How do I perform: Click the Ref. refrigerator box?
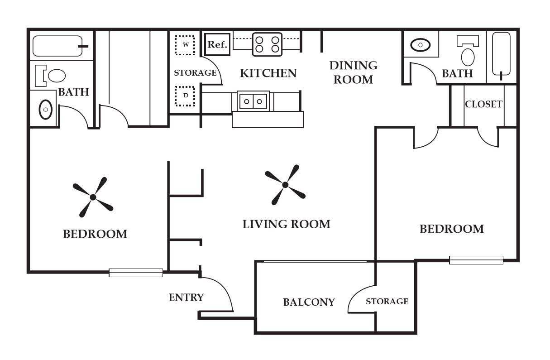coord(217,45)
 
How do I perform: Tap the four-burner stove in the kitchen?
coord(267,44)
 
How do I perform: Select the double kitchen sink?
coord(253,101)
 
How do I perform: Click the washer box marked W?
coord(185,45)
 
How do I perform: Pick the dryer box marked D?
coord(185,96)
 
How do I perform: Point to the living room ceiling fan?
coord(285,185)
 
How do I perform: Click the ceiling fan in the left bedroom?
coord(93,197)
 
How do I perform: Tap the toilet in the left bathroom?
coord(52,76)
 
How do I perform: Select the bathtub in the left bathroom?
coord(57,46)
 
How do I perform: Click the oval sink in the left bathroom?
coord(45,109)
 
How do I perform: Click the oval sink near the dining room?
coord(421,45)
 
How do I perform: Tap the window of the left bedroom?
coord(136,273)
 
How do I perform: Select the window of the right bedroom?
coord(476,260)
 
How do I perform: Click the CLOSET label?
coord(483,104)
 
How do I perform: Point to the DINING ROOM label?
coord(353,72)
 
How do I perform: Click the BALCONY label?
coord(309,302)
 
